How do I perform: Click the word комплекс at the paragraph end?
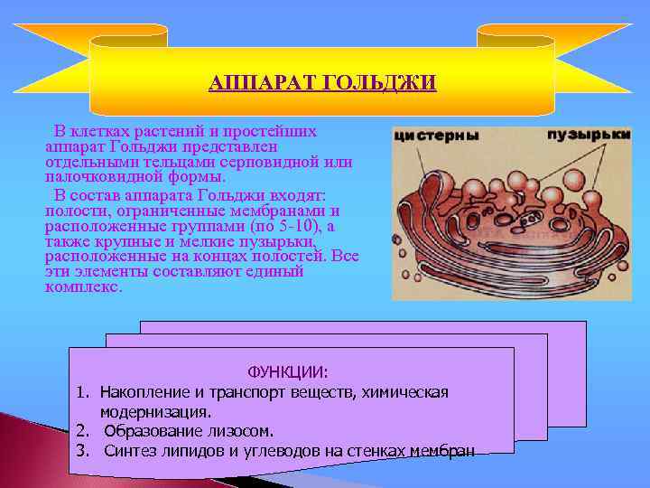pos(81,287)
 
